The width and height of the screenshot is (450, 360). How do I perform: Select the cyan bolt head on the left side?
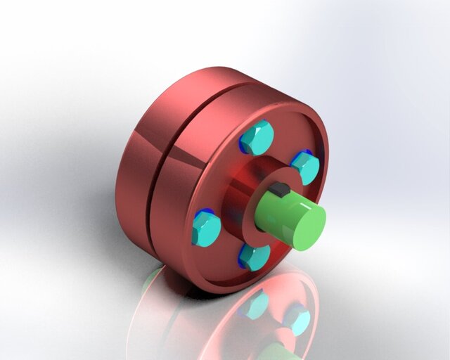207,229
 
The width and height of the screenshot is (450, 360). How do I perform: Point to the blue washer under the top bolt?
243,143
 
